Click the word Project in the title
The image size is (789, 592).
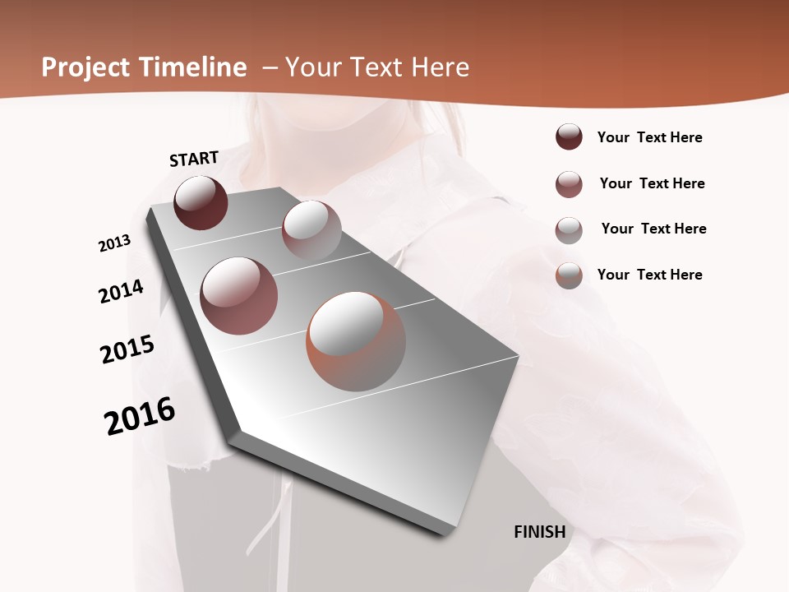85,68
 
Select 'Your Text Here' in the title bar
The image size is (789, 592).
377,67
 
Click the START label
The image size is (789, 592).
194,159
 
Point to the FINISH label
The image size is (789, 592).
540,532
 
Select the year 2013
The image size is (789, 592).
115,243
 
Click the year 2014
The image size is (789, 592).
122,291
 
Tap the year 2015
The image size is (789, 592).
127,349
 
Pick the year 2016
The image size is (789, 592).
140,415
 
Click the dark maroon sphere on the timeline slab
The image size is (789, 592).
201,202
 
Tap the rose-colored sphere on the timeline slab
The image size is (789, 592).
239,296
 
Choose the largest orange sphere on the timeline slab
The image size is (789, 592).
356,341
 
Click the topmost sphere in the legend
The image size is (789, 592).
569,136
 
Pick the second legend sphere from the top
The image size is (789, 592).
569,184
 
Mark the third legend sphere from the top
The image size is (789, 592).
569,230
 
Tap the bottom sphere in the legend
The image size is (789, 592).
569,275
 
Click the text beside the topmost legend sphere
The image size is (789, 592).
649,137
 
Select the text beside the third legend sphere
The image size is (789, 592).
653,229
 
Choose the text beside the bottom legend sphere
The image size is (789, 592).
649,275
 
